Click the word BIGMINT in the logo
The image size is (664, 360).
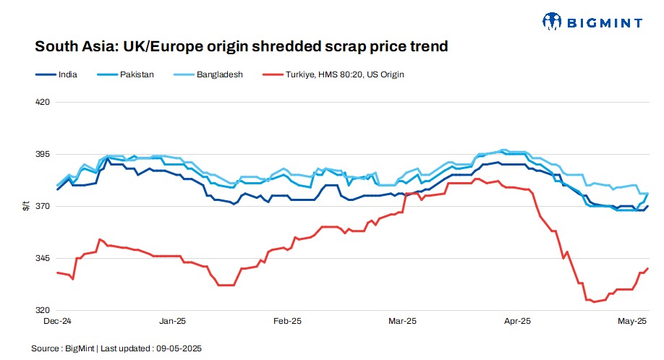[x=605, y=22]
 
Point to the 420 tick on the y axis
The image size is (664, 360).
[x=43, y=102]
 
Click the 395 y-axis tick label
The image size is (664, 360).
[x=43, y=155]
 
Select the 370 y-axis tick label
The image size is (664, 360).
[x=43, y=207]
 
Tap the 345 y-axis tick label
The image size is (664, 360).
[x=43, y=259]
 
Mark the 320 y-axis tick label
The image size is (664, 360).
[x=43, y=311]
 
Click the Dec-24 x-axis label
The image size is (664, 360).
[x=57, y=320]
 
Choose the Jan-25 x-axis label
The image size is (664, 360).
[x=172, y=320]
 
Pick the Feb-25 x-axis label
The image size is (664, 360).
[x=287, y=320]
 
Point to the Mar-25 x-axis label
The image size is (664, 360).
[x=402, y=320]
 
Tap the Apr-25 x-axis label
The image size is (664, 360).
[x=517, y=320]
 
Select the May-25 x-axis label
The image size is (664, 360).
[x=631, y=320]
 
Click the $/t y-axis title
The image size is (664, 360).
[x=25, y=207]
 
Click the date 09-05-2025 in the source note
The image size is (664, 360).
[x=179, y=348]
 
